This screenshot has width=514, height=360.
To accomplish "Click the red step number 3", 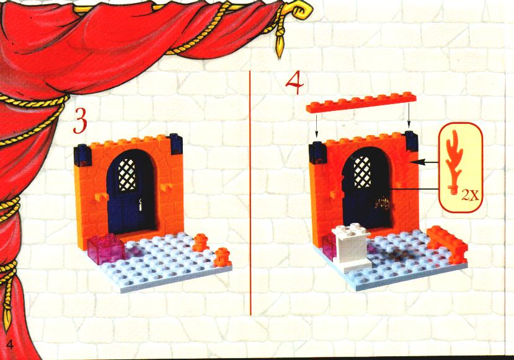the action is (x=79, y=121).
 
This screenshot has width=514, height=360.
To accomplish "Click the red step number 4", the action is (x=295, y=83).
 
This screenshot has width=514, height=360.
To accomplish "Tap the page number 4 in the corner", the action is (x=10, y=345).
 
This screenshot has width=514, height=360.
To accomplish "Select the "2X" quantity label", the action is (x=471, y=196).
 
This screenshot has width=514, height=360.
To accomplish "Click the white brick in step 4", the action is (x=351, y=247).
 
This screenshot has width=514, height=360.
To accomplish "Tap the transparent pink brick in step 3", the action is (x=105, y=250).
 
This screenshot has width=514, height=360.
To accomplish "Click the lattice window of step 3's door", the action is (x=127, y=175).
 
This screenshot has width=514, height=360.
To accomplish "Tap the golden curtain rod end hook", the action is (x=301, y=10).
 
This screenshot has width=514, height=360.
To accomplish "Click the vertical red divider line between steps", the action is (x=250, y=193).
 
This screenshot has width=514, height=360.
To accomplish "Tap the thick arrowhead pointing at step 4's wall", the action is (x=417, y=161).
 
